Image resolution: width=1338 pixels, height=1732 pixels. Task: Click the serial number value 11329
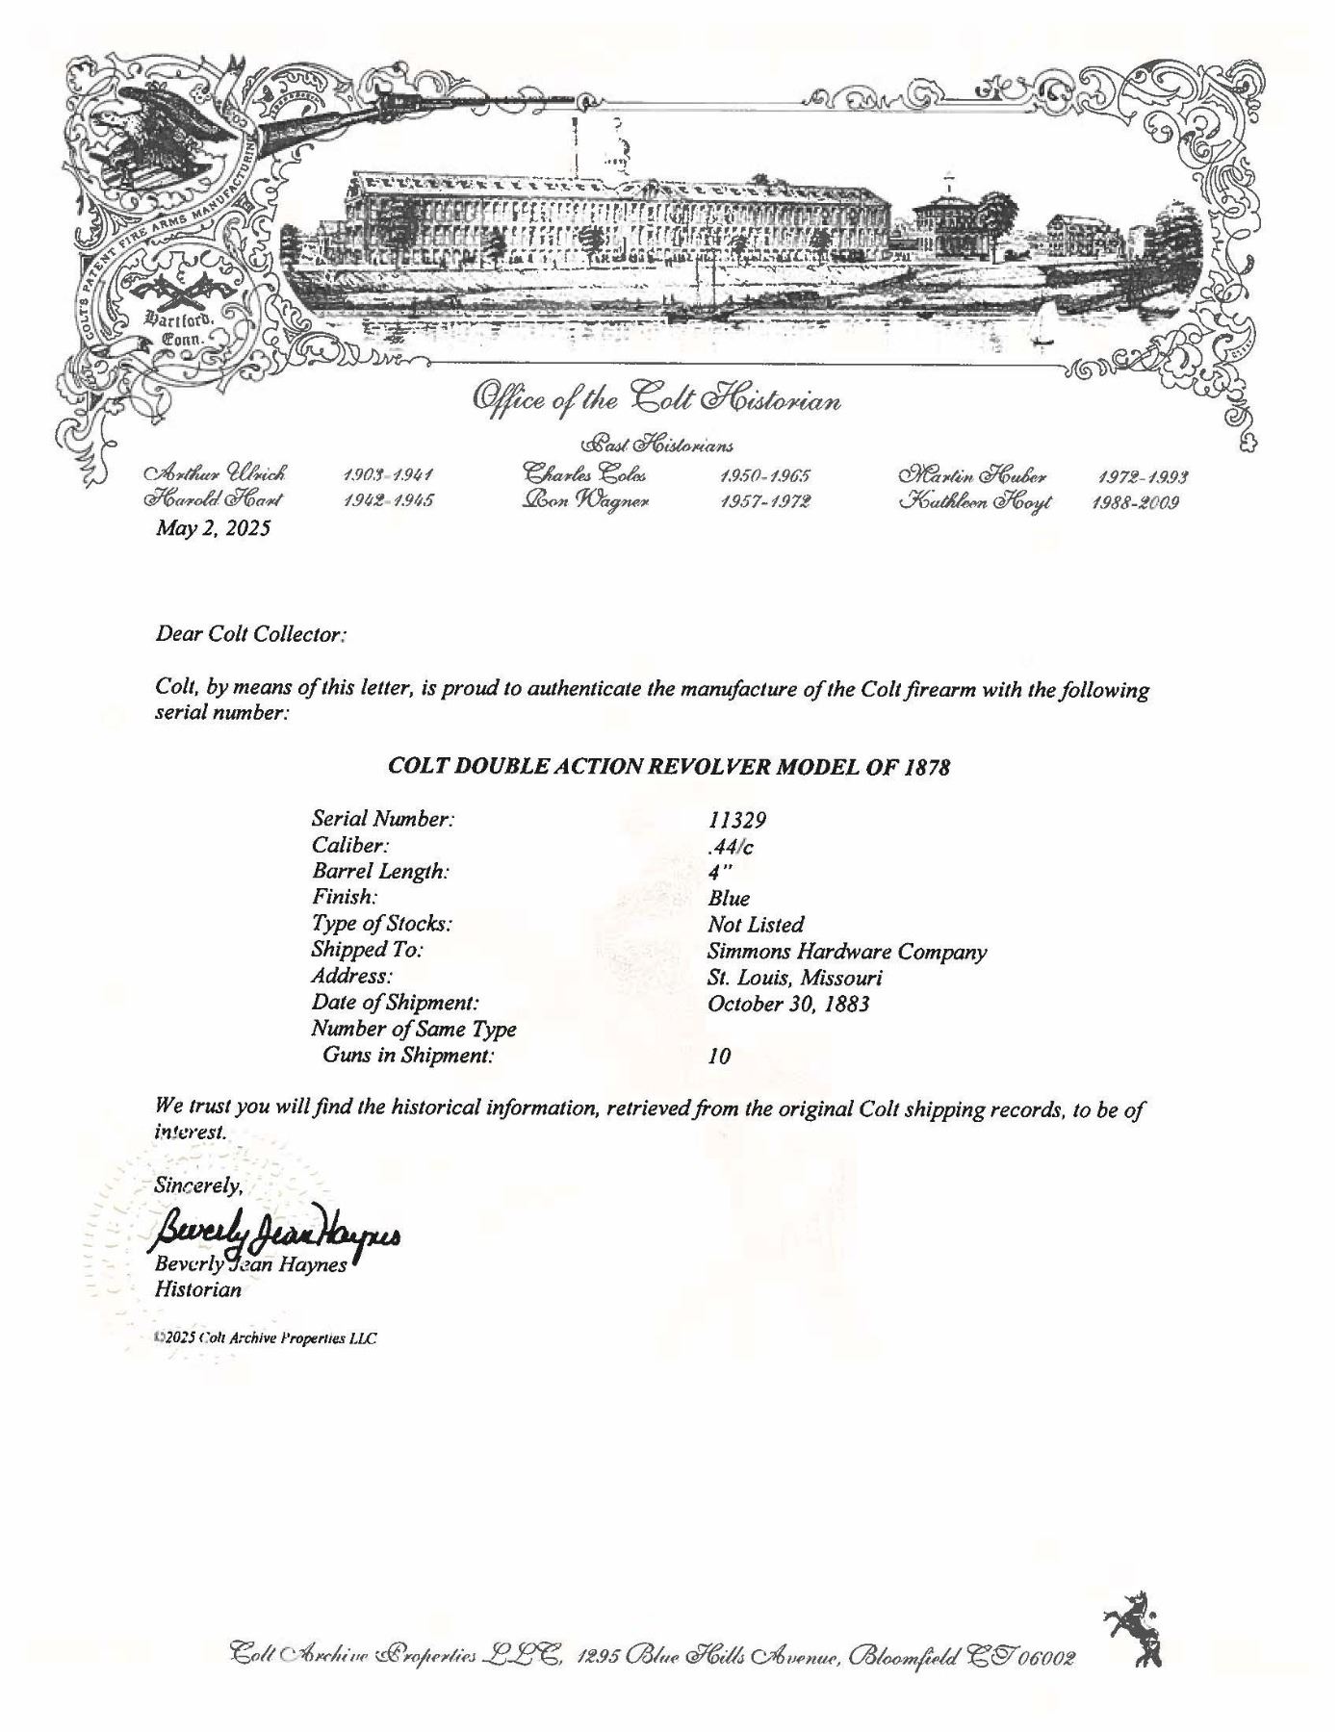[736, 820]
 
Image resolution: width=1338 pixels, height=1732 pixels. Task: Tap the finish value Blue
[728, 899]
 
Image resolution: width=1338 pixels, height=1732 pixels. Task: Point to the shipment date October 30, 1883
[788, 1004]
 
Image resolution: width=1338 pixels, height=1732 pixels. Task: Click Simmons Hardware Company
[847, 952]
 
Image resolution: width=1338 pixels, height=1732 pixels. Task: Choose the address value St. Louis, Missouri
[795, 978]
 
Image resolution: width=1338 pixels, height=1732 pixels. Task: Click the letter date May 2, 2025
[213, 528]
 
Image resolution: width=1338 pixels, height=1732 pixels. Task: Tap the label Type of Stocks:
[381, 924]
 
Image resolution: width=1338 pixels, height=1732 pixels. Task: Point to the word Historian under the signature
[198, 1290]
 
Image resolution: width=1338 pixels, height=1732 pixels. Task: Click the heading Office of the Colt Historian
[656, 399]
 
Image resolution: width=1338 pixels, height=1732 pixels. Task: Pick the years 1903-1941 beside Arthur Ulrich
[389, 475]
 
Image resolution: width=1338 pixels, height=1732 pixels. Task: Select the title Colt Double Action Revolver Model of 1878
[668, 768]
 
